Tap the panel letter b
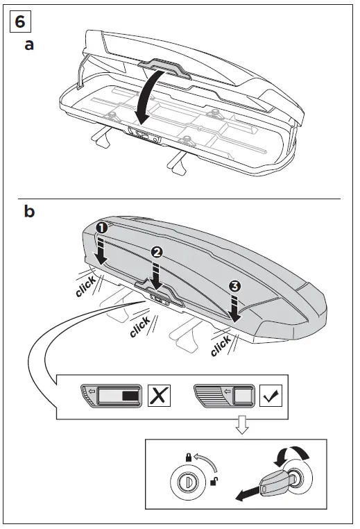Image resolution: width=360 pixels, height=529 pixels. (30, 211)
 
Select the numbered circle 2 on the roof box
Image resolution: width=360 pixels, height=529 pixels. (157, 253)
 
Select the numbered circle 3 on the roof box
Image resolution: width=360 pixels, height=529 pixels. (235, 285)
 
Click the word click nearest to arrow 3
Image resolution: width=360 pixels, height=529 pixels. (221, 344)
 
